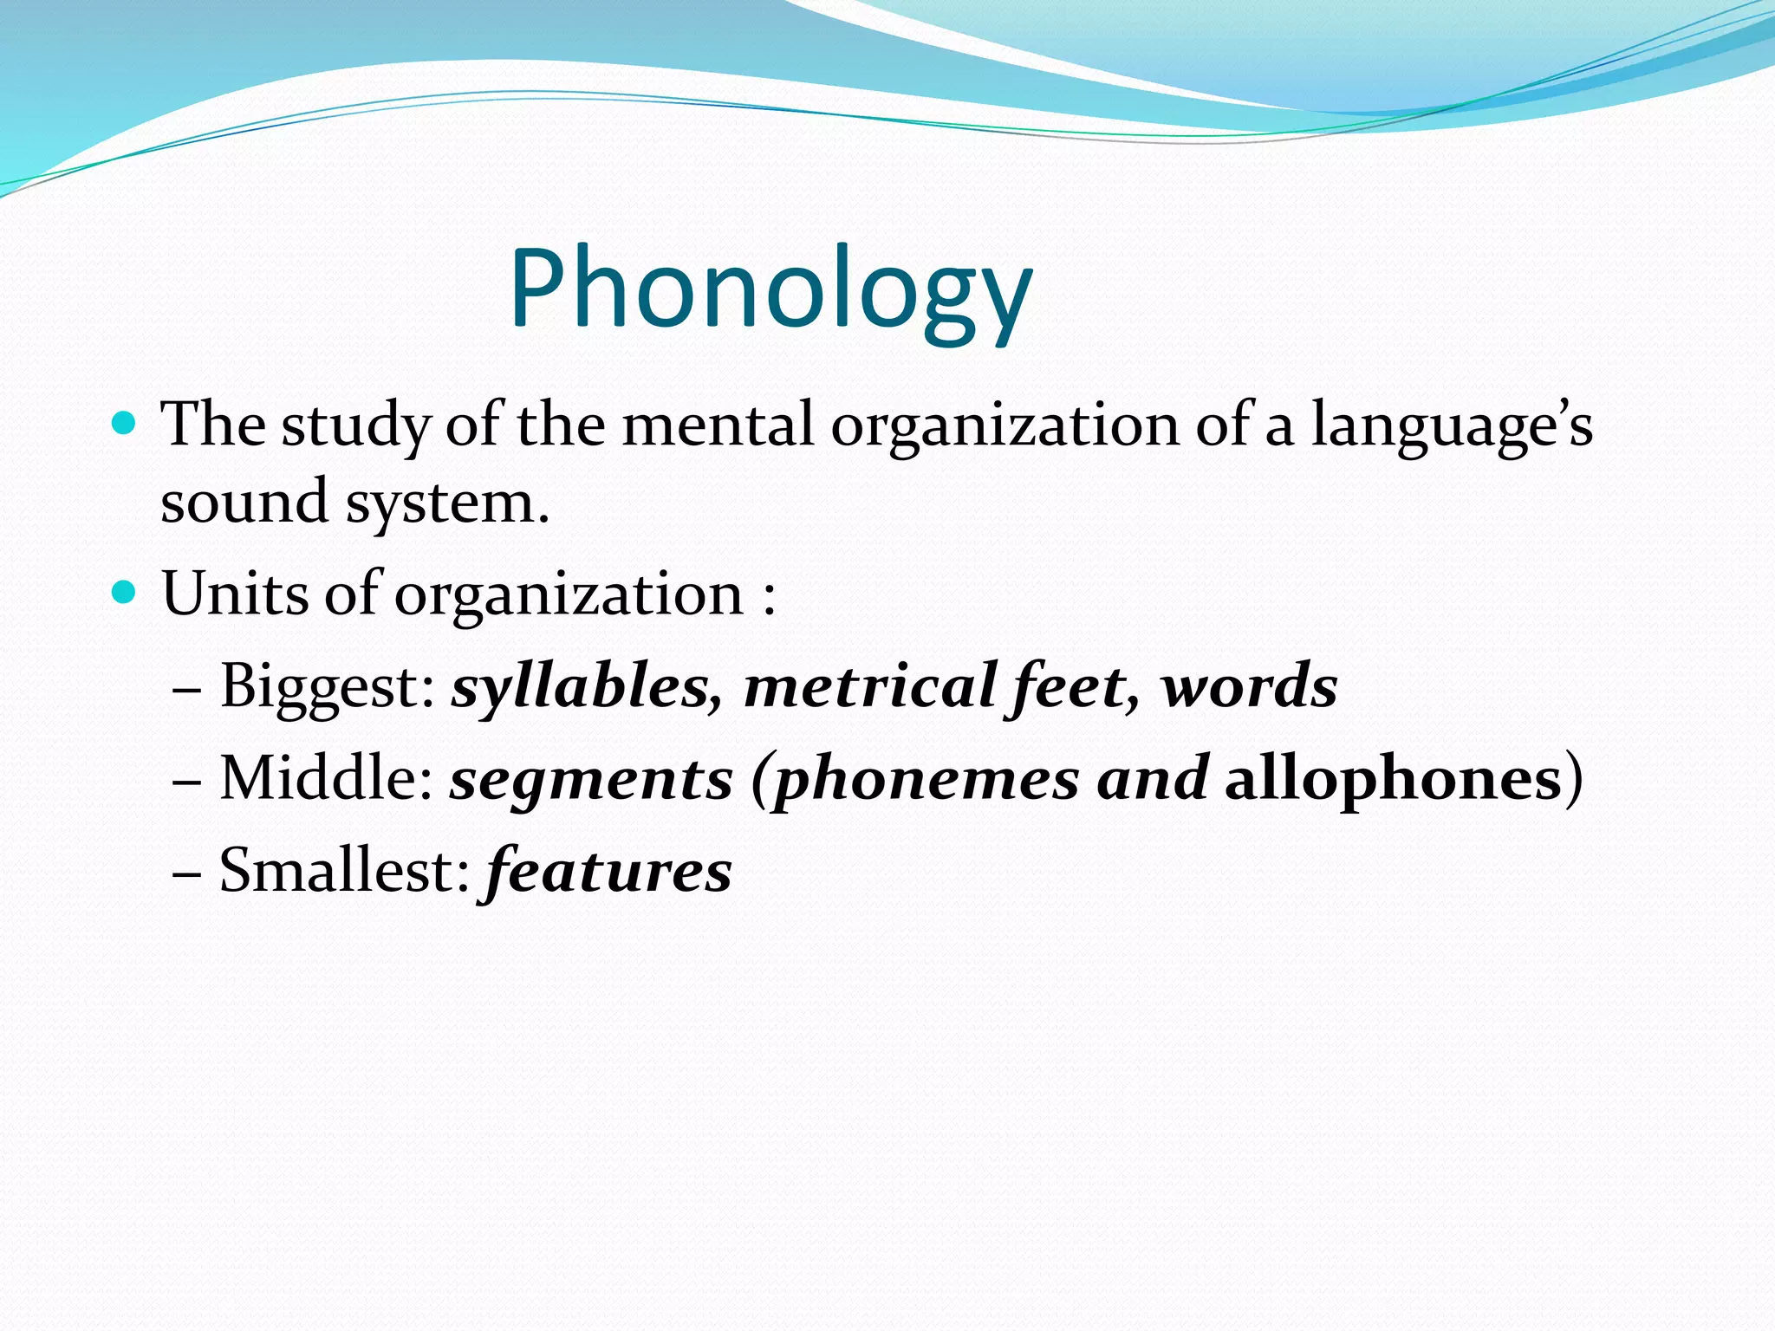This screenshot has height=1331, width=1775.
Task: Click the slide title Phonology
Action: coord(770,289)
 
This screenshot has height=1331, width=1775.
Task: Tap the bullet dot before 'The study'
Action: coord(125,424)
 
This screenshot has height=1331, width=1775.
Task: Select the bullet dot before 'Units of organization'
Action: coord(125,593)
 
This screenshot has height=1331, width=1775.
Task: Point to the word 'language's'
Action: coord(1451,426)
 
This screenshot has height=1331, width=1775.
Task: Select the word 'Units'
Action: coord(234,594)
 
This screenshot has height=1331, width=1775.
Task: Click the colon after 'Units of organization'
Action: coord(768,598)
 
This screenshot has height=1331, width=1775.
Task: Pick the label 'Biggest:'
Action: coord(328,686)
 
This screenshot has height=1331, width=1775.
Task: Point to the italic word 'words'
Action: coord(1250,686)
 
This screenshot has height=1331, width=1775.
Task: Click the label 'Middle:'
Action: coord(326,778)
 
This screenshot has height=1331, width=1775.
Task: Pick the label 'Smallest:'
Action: coord(343,870)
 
